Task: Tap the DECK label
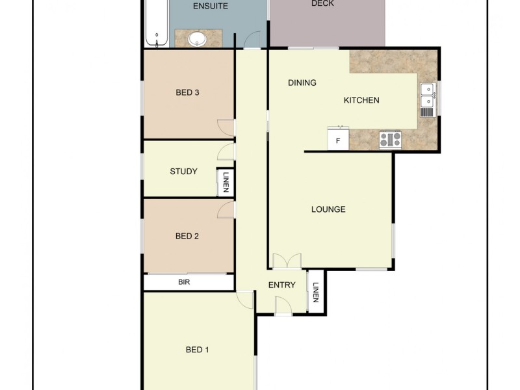click(322, 4)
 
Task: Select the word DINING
click(302, 83)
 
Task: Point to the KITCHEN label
click(361, 100)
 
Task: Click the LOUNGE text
click(328, 209)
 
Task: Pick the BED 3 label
click(187, 92)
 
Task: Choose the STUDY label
click(183, 172)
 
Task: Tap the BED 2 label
click(187, 236)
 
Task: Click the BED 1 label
click(198, 350)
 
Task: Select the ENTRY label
click(281, 285)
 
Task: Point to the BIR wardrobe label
click(184, 283)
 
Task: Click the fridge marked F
click(338, 140)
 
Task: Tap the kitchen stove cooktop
click(391, 139)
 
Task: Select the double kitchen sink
click(428, 96)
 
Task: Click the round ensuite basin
click(197, 39)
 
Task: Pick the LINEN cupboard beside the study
click(226, 181)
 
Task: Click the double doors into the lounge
click(287, 261)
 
